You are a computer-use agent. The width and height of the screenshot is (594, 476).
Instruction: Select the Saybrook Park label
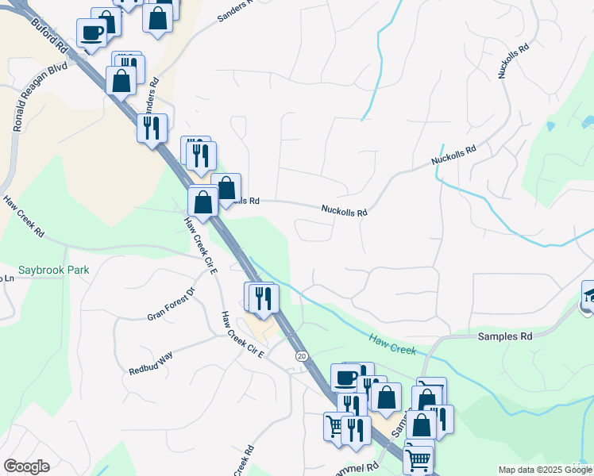click(x=55, y=270)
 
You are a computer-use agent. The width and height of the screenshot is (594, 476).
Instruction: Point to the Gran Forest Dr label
click(x=171, y=305)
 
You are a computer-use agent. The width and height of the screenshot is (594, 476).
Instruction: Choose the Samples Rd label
click(x=504, y=336)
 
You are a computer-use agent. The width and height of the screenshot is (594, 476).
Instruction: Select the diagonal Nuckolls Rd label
click(x=453, y=155)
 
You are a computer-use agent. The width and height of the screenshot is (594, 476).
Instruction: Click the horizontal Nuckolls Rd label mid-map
click(x=345, y=212)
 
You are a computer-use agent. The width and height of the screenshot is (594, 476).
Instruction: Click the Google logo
click(x=26, y=466)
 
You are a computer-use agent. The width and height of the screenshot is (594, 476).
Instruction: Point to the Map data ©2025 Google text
click(x=544, y=470)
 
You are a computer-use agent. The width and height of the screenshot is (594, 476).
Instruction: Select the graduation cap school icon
click(x=588, y=296)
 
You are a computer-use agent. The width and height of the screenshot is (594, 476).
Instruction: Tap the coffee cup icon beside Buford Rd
click(x=91, y=33)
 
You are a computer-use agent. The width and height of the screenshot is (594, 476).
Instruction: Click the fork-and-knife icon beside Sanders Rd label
click(x=152, y=127)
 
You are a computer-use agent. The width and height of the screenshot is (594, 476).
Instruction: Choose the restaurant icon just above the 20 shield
click(x=263, y=297)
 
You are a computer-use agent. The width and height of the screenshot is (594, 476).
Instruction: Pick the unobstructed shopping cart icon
click(x=418, y=459)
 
